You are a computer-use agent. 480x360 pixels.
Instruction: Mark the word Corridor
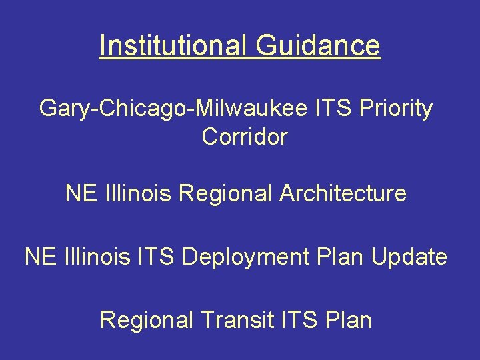tap(244, 137)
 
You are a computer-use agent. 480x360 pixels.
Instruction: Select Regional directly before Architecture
tap(227, 193)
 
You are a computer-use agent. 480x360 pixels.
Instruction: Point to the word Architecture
tap(343, 193)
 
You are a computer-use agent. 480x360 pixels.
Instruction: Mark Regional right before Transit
tap(147, 320)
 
